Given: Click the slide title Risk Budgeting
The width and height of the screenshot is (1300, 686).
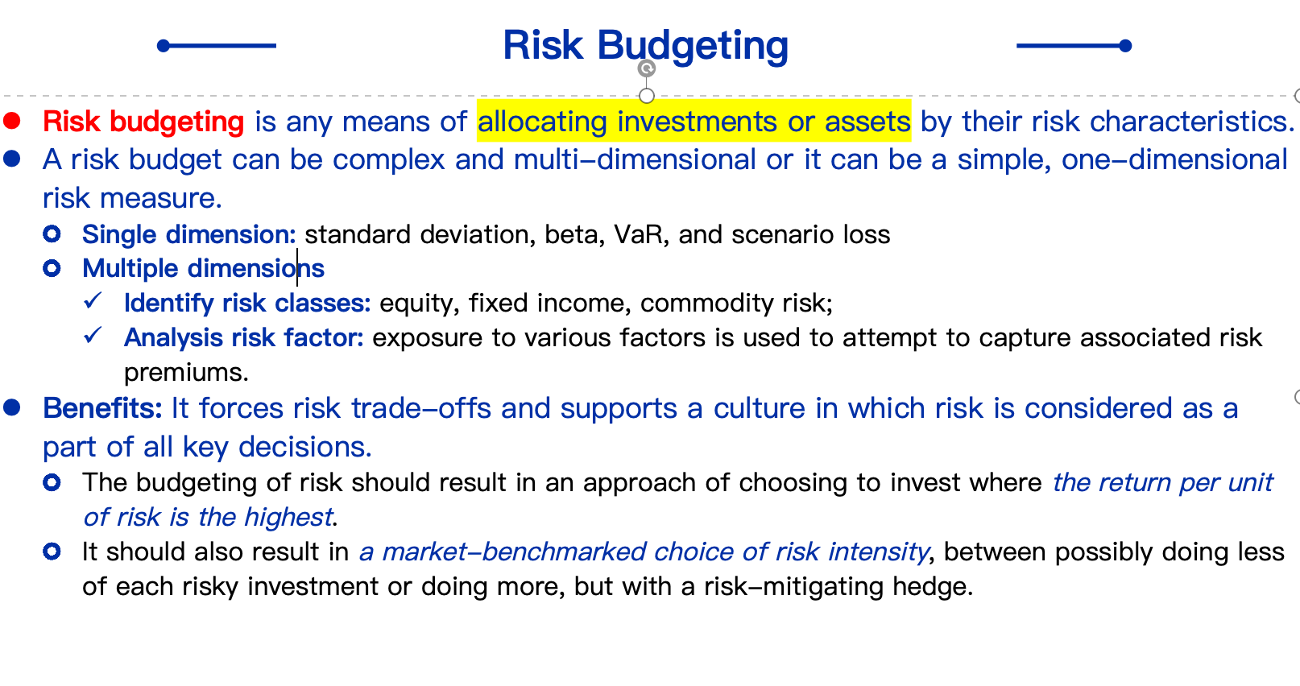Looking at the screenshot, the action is pyautogui.click(x=645, y=46).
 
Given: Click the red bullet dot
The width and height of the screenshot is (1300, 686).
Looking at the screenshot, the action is pyautogui.click(x=11, y=121).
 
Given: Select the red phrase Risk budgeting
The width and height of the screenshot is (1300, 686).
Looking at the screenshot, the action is pyautogui.click(x=143, y=122).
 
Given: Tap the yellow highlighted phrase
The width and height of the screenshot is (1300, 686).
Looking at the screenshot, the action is pyautogui.click(x=694, y=122).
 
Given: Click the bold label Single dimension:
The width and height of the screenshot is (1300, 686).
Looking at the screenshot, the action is pyautogui.click(x=189, y=234).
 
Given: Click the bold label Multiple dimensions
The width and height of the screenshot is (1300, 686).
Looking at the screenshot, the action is pyautogui.click(x=203, y=268).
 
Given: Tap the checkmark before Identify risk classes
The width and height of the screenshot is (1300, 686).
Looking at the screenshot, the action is pyautogui.click(x=93, y=300).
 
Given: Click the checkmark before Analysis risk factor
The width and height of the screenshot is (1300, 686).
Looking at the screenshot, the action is pyautogui.click(x=93, y=335).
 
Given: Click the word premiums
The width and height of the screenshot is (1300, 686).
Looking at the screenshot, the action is pyautogui.click(x=186, y=373).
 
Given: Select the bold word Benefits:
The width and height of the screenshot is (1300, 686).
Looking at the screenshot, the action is pyautogui.click(x=103, y=408).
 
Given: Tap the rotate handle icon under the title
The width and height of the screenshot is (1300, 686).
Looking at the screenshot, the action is pyautogui.click(x=647, y=68).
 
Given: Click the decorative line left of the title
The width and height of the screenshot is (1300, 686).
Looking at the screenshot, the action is pyautogui.click(x=217, y=46).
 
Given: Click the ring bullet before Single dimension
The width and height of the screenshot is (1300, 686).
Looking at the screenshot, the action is pyautogui.click(x=52, y=233).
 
